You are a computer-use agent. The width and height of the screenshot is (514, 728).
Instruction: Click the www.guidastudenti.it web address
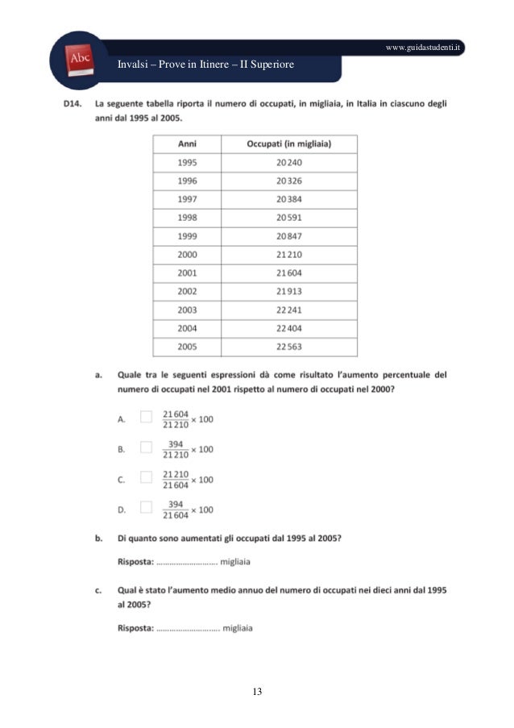click(x=424, y=48)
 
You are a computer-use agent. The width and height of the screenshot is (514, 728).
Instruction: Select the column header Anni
click(x=187, y=144)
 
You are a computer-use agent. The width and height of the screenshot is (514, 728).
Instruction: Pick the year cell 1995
click(x=187, y=162)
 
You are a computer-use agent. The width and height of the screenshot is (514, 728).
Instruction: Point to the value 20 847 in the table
click(x=288, y=235)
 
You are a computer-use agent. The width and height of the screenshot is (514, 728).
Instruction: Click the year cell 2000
click(x=187, y=254)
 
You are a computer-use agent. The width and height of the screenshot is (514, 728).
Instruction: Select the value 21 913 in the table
click(x=288, y=291)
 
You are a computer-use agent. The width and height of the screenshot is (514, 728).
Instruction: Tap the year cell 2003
click(x=187, y=310)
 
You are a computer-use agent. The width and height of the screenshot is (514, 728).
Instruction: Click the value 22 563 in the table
click(x=288, y=347)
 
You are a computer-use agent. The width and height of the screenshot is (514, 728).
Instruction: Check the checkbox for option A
click(x=146, y=417)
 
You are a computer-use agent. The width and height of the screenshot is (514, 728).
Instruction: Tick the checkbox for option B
click(x=146, y=447)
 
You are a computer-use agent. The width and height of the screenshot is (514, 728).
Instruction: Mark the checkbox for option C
click(x=146, y=476)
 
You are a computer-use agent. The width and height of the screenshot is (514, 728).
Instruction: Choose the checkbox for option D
click(x=146, y=507)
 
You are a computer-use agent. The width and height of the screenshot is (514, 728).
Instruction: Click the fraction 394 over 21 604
click(x=176, y=509)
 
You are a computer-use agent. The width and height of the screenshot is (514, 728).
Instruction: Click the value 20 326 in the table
click(x=288, y=181)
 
